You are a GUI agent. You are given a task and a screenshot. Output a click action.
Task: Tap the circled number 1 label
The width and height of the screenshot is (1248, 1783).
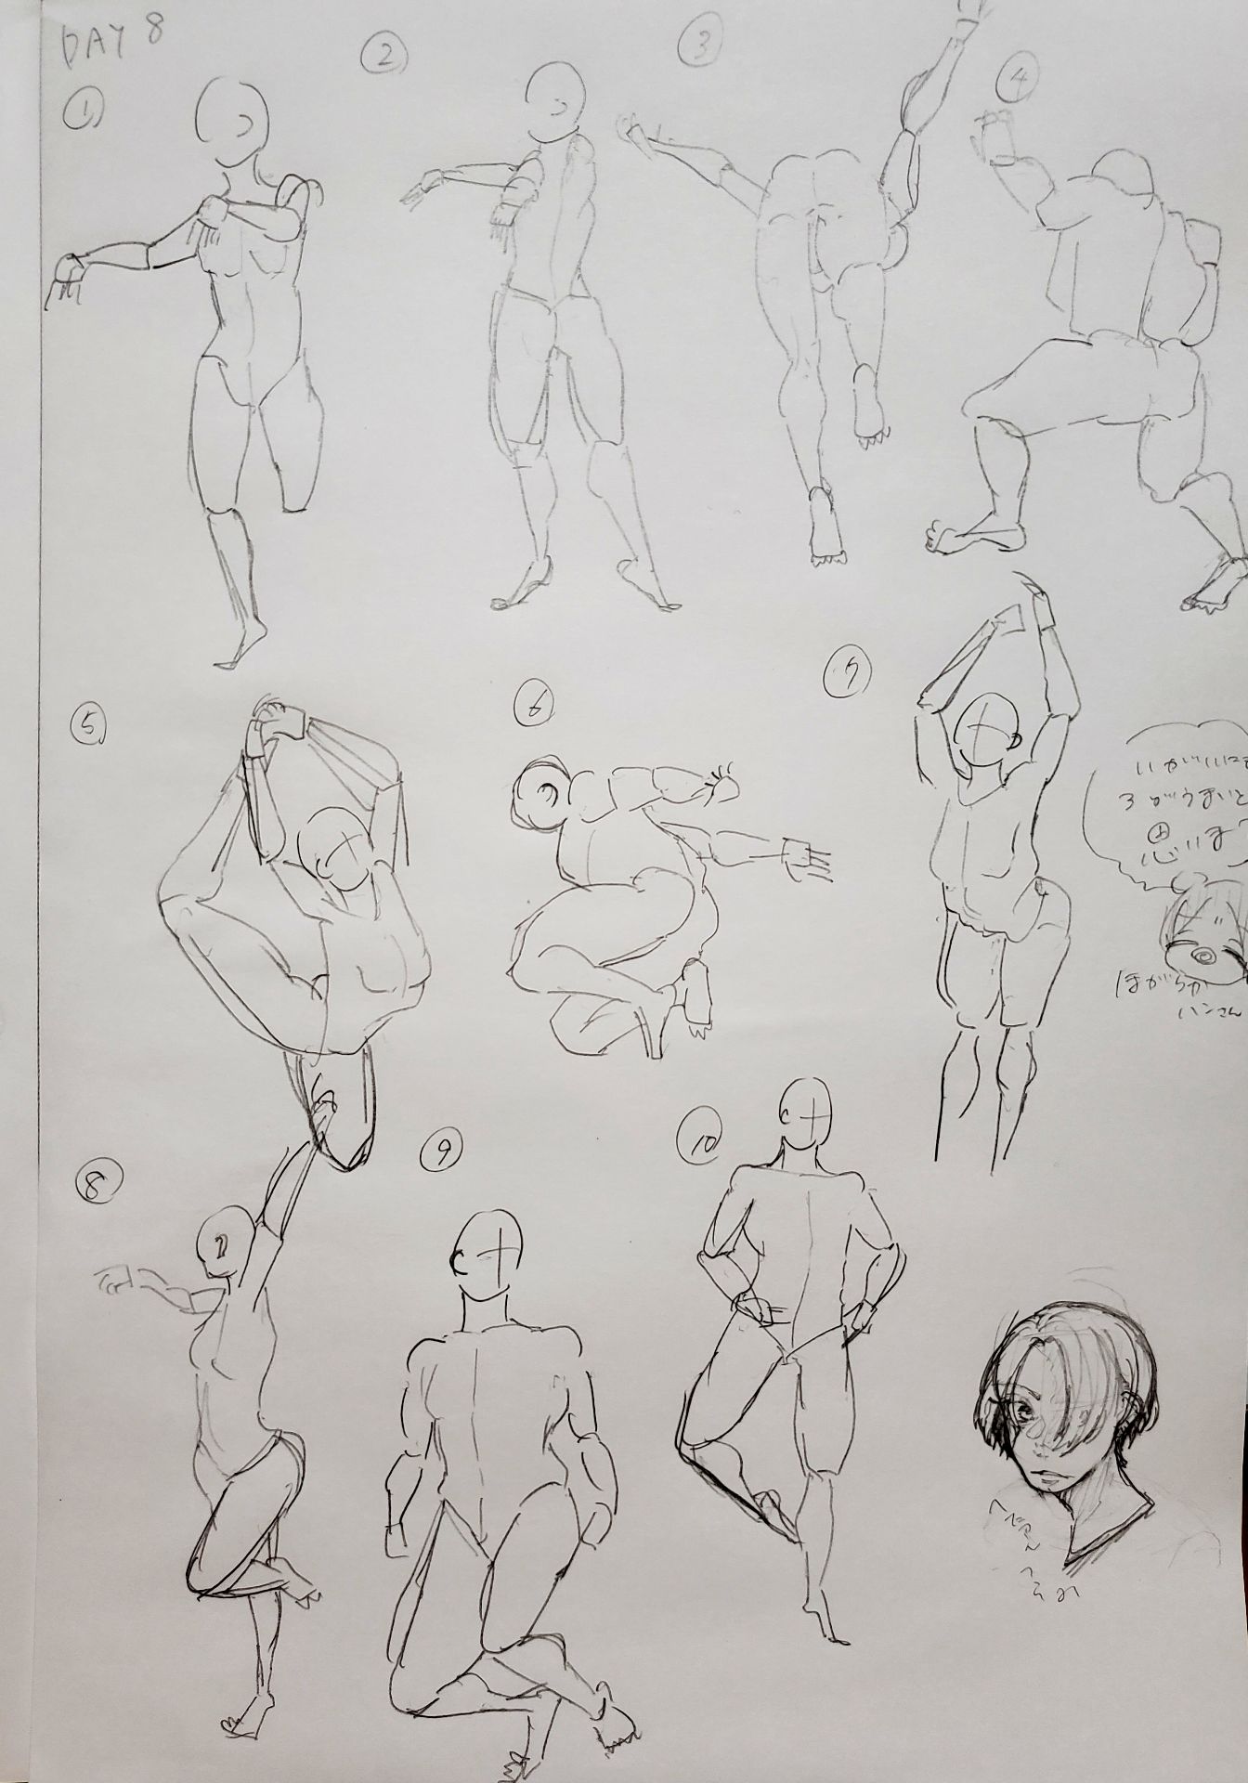(83, 117)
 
